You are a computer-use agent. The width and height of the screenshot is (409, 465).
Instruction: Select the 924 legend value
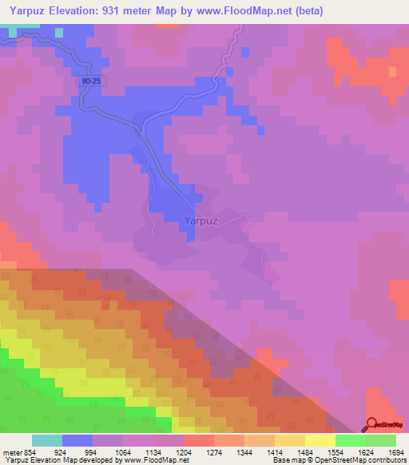tap(60, 452)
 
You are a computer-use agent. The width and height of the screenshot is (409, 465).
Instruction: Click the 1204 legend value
tap(184, 452)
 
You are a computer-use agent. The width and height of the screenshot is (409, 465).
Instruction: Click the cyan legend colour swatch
tap(46, 440)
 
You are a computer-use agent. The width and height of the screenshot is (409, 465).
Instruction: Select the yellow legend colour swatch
tap(320, 440)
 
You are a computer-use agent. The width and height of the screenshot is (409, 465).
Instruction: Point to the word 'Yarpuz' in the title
tap(24, 10)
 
